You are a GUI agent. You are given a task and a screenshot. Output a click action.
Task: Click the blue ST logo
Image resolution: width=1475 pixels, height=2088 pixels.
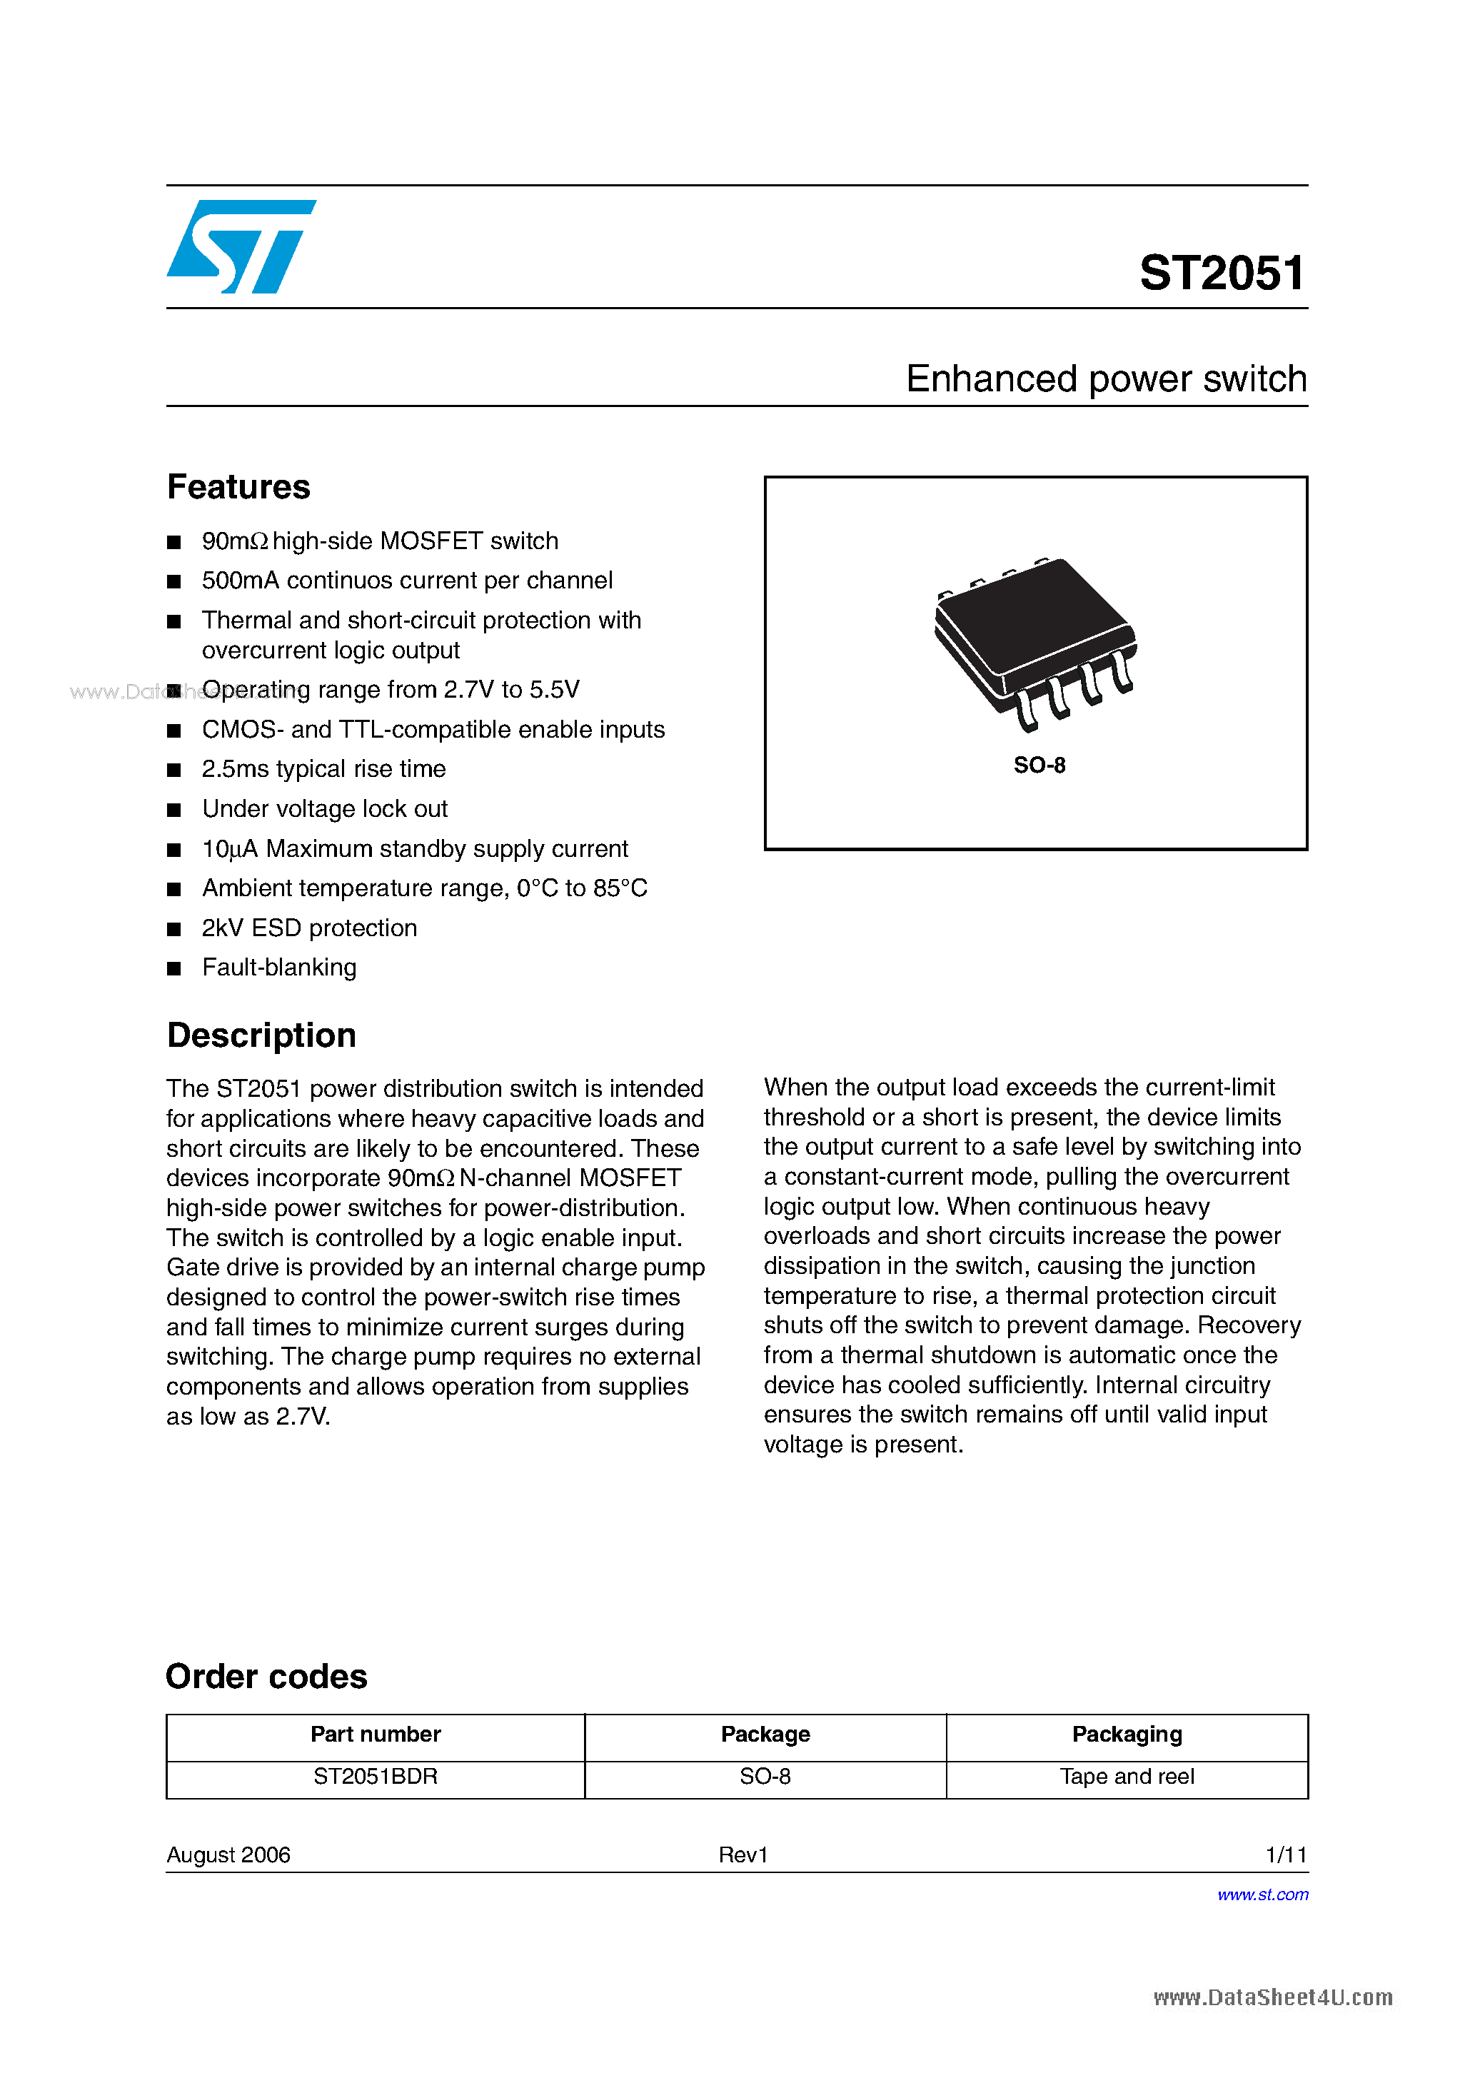coord(241,246)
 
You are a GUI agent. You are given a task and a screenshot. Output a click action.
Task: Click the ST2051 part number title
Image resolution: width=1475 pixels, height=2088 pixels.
coord(1222,273)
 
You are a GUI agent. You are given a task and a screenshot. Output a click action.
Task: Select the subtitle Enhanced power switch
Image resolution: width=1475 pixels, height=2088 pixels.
coord(1106,378)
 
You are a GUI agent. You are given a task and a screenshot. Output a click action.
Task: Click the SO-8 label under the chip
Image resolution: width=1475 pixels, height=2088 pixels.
coord(1039,765)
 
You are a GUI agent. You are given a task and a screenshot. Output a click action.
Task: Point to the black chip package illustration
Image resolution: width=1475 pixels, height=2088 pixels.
coord(1035,642)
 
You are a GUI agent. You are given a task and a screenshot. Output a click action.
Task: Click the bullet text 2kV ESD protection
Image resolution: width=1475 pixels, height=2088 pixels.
coord(309,928)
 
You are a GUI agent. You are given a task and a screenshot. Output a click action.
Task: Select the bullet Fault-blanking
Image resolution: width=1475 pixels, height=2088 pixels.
coord(279,967)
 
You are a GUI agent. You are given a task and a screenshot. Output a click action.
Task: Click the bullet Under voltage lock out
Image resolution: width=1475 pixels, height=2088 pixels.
coord(325,808)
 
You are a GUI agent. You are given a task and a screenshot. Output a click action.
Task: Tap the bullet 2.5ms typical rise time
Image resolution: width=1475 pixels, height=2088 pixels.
coord(323,768)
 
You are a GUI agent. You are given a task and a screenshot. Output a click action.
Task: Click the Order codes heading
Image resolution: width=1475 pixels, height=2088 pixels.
coord(266,1676)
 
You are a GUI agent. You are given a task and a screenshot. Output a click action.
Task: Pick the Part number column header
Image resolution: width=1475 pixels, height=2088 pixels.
coord(376,1735)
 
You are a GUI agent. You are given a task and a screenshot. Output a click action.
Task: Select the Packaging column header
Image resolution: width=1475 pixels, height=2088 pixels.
coord(1127,1735)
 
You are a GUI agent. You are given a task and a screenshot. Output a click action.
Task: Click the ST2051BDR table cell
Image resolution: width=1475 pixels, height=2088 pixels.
coord(376,1776)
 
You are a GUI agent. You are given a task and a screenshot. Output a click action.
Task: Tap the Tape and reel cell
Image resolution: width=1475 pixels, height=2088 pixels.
coord(1127,1776)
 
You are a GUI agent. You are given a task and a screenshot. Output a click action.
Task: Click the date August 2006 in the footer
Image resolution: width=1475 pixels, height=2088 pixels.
coord(228,1854)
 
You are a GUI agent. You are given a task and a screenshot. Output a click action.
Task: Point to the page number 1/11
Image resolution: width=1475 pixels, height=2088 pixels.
coord(1286,1854)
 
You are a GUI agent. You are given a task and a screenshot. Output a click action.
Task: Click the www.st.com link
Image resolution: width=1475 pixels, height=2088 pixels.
coord(1262,1894)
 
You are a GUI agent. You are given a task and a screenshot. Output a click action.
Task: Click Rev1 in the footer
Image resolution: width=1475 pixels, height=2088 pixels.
coord(743,1854)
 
